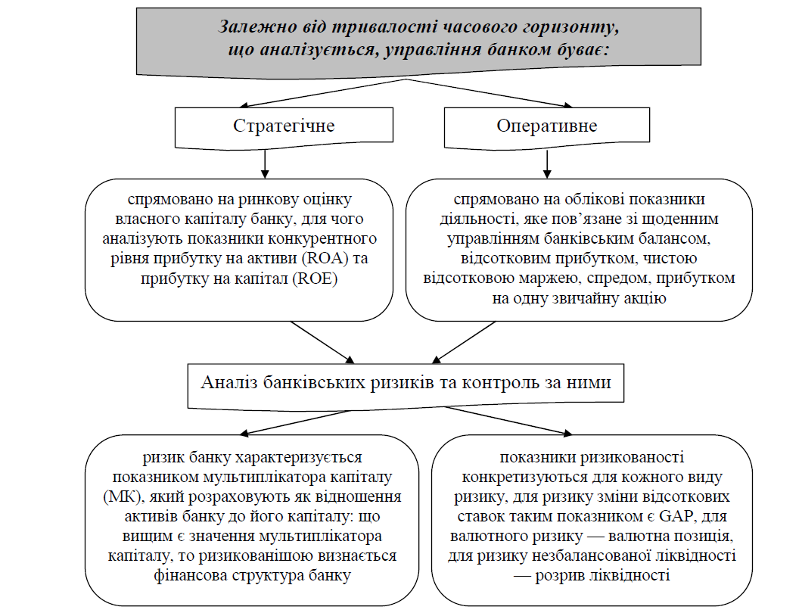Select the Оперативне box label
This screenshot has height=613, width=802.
pyautogui.click(x=546, y=125)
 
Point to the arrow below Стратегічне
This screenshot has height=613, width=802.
pyautogui.click(x=265, y=162)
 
